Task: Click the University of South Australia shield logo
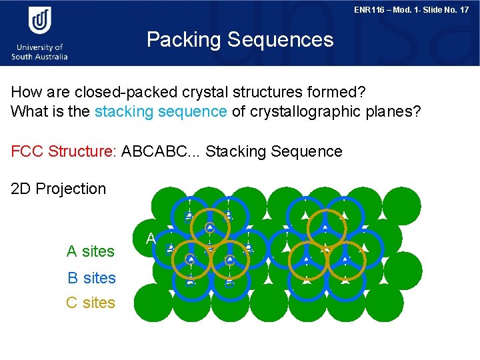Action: click(x=39, y=21)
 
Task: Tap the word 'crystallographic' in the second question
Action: click(x=306, y=111)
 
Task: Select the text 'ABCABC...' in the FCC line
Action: click(x=161, y=151)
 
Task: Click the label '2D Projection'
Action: click(x=59, y=189)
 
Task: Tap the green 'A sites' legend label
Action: click(x=91, y=251)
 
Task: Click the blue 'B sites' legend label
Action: click(x=91, y=277)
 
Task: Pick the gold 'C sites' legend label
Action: click(x=91, y=303)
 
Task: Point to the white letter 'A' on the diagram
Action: click(x=151, y=238)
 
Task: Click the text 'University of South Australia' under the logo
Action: click(x=39, y=52)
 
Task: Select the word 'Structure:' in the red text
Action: click(x=83, y=151)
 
